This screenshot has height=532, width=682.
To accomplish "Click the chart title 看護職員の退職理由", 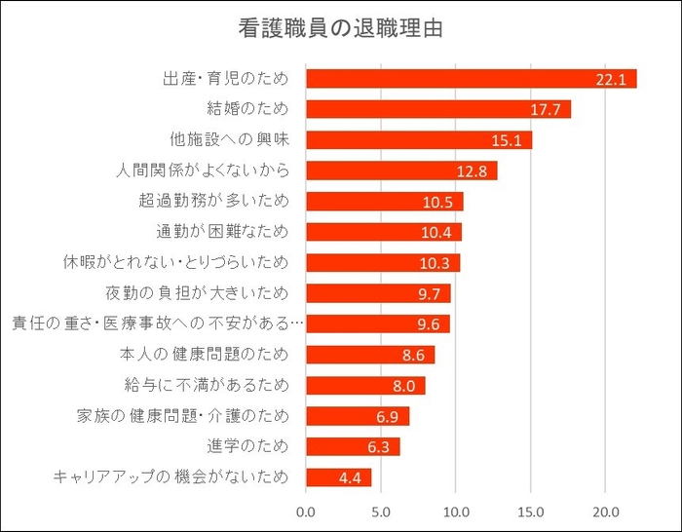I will point(340,28).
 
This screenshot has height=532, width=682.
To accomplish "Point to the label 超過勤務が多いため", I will point(215,202).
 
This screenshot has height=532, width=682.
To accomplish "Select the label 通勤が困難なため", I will point(223,232).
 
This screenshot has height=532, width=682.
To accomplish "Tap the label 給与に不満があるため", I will point(215,386).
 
